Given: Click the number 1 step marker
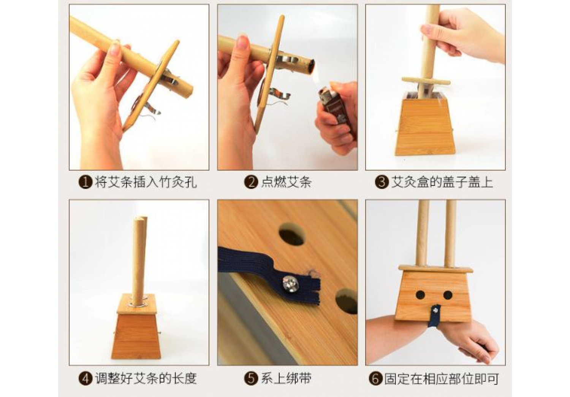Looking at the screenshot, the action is coord(85,182).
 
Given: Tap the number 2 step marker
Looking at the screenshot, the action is coord(251,182).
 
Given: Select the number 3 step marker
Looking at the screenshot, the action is coord(382,182).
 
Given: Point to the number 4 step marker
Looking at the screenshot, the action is coord(85,379).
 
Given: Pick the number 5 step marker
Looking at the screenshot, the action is coord(251,379).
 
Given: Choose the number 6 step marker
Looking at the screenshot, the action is coord(375,379).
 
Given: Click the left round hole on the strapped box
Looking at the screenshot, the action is coord(420,295).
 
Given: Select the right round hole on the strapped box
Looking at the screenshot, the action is coord(448,295).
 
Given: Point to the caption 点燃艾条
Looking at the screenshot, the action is coord(286,182).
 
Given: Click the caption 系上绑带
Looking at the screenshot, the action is coord(286,379).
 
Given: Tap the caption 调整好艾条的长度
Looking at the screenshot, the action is coord(146,379).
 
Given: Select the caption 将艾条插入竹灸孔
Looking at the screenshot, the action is coord(146,182).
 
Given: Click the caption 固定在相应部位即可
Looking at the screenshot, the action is coord(441,379).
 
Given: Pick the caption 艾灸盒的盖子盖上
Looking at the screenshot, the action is coord(442,182).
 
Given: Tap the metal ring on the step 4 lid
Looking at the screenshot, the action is coord(139,304).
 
